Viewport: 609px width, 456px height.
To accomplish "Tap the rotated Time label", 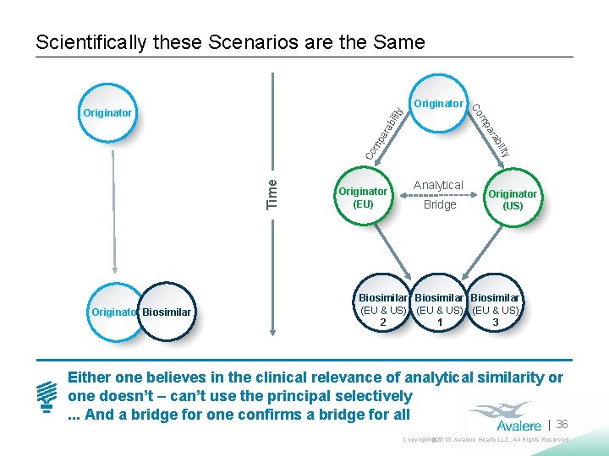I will click(272, 193).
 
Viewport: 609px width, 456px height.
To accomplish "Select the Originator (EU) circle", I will click(362, 198).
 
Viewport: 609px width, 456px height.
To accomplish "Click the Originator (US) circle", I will click(513, 199).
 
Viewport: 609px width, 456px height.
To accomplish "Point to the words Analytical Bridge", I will click(438, 195).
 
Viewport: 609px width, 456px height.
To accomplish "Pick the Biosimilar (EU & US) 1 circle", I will click(439, 310).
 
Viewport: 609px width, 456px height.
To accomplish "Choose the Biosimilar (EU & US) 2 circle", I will click(382, 310).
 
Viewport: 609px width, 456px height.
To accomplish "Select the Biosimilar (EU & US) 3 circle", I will click(496, 310).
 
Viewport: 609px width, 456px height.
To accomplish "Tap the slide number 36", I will click(562, 424).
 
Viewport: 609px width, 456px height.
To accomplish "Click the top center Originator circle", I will click(438, 104).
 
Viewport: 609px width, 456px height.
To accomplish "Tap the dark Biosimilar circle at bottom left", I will click(167, 313).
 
